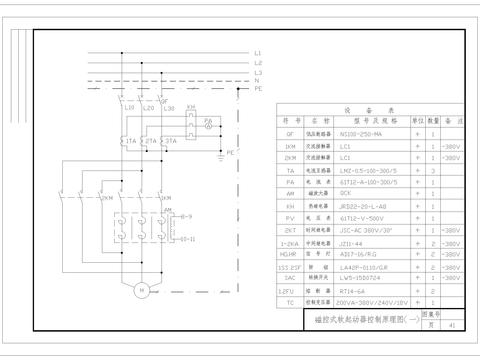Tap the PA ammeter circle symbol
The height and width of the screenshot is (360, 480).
209,127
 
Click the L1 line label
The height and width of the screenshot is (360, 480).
258,52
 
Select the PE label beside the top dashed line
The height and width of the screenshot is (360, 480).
258,89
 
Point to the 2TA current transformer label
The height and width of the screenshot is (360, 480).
150,142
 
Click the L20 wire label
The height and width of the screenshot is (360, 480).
148,107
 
